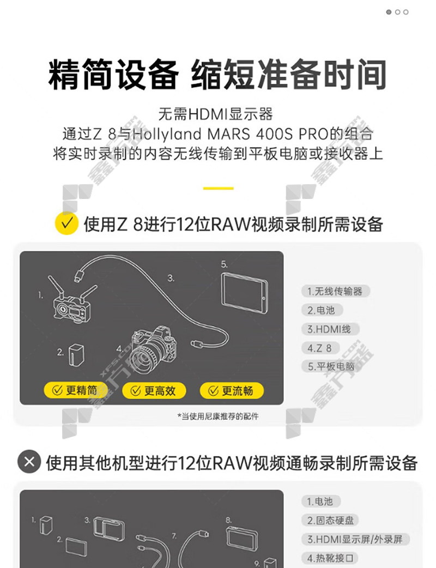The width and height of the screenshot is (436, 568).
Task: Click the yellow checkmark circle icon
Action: coord(66,223)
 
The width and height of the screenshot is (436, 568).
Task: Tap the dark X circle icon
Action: coord(29,462)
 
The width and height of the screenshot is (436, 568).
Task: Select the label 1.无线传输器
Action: coord(335,291)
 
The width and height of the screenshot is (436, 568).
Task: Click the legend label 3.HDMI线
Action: coord(330,329)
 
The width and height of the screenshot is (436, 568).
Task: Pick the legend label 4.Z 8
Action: coord(320,348)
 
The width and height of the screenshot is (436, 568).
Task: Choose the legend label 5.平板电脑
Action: coord(331,366)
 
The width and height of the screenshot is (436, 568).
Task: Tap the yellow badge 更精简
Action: coord(75,390)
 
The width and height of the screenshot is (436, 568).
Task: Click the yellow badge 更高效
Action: coord(154,390)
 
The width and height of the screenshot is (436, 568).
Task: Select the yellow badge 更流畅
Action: coord(232,390)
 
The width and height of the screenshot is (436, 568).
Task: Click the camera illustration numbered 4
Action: coord(154,349)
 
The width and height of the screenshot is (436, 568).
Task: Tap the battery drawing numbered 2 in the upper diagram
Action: coord(76,355)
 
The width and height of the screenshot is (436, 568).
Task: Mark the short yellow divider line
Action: coord(219,189)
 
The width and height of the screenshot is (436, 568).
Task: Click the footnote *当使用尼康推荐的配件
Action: coord(217,416)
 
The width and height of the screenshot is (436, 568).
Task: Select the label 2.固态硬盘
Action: coord(330,521)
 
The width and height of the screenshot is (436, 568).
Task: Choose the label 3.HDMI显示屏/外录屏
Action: coord(355,540)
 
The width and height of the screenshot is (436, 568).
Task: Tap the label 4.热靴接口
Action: coord(330,558)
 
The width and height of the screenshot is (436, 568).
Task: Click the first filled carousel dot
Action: coord(389,12)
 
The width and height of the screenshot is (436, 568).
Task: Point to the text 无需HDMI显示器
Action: coord(215,114)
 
